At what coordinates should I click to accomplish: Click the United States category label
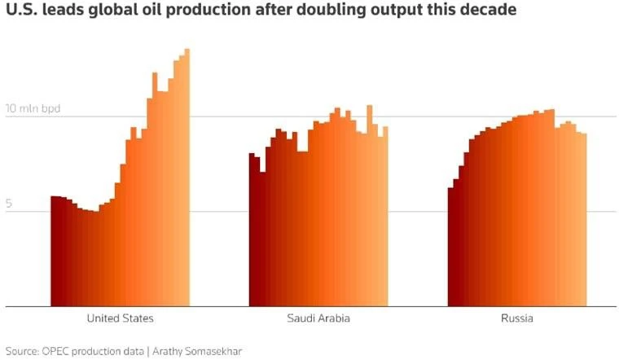click(x=120, y=318)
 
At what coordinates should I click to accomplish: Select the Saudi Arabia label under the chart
click(x=318, y=318)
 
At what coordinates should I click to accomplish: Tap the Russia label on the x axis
click(x=516, y=318)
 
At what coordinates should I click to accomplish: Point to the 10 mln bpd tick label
click(x=33, y=108)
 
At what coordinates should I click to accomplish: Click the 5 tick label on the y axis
click(x=9, y=204)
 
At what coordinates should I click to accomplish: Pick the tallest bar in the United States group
click(x=187, y=178)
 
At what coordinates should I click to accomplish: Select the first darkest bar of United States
click(x=54, y=251)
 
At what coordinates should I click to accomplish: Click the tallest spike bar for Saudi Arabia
click(x=370, y=206)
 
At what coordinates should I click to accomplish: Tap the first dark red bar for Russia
click(x=450, y=247)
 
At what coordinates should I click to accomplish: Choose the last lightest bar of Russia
click(x=584, y=220)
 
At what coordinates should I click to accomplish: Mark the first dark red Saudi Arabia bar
click(x=252, y=230)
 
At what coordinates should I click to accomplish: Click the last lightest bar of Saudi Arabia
click(x=386, y=217)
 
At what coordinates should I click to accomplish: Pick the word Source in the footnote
click(x=22, y=351)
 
